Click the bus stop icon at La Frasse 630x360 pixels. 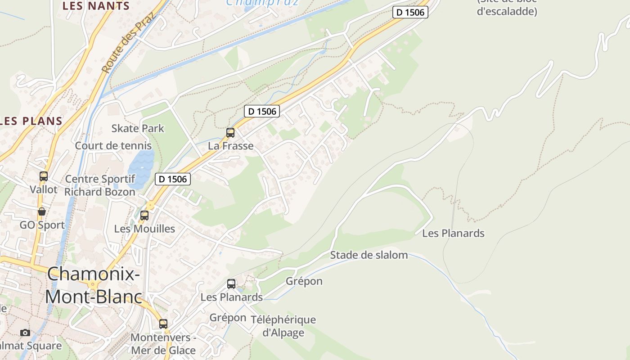(x=230, y=133)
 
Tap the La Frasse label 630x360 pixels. (x=230, y=146)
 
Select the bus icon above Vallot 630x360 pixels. (x=44, y=176)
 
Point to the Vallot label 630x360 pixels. (x=44, y=189)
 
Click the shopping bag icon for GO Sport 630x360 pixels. (x=42, y=211)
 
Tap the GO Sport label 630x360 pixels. (x=42, y=225)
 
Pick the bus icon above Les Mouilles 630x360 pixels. (x=144, y=216)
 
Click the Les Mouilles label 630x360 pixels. (x=144, y=229)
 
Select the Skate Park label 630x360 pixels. (x=138, y=128)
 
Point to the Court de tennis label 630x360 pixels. (x=113, y=146)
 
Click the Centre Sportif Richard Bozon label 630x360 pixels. (x=100, y=185)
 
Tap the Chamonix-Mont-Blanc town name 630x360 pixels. (x=94, y=285)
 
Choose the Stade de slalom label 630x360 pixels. (x=369, y=255)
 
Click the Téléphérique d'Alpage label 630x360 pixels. (x=283, y=326)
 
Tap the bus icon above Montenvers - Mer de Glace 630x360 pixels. (x=163, y=324)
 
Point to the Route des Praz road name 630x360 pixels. (x=127, y=43)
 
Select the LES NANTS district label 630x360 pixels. (x=96, y=6)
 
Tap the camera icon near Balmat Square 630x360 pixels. (x=25, y=333)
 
